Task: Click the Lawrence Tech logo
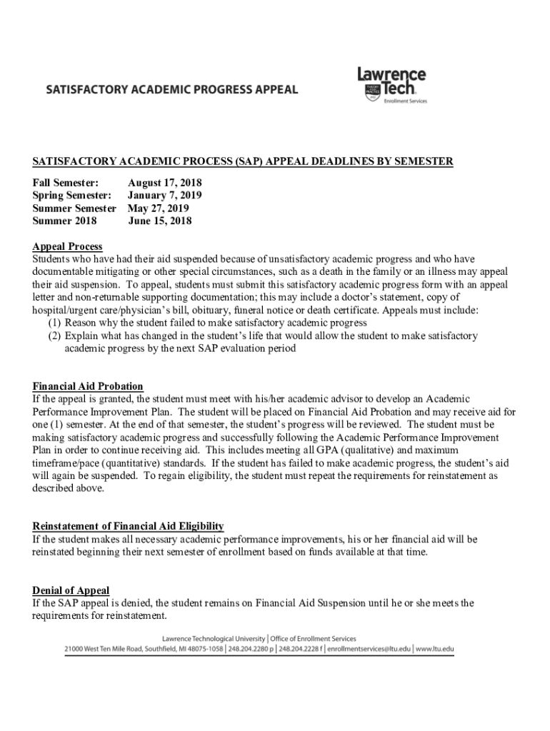(391, 85)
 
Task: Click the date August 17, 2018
(164, 183)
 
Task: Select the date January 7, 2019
(164, 196)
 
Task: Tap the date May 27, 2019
(158, 208)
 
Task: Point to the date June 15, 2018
(159, 221)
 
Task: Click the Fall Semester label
(66, 183)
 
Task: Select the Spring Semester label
(71, 196)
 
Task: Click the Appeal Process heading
(67, 246)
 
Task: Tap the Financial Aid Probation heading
(88, 386)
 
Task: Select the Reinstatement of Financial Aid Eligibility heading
(129, 526)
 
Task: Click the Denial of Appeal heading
(71, 590)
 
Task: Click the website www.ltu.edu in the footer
(435, 649)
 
